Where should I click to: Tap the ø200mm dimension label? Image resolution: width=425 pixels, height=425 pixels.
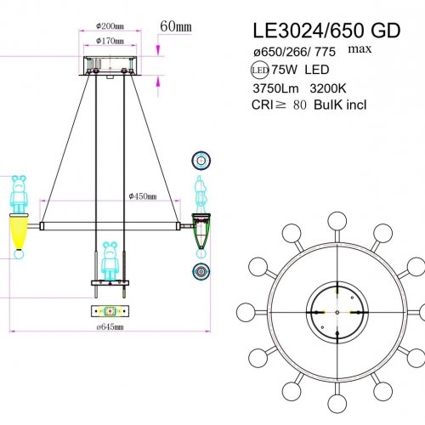(x=110, y=25)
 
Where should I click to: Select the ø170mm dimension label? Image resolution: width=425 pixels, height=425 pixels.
(x=110, y=40)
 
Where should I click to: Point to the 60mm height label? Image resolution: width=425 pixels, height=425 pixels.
(x=176, y=26)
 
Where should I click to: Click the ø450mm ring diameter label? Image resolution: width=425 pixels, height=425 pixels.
(x=143, y=196)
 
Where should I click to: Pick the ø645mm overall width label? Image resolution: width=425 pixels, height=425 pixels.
(x=108, y=326)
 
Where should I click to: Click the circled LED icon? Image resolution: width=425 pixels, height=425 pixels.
(x=259, y=72)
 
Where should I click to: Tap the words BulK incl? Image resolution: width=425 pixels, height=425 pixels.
(x=361, y=107)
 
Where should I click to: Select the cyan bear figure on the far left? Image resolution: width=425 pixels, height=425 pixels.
(x=20, y=193)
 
